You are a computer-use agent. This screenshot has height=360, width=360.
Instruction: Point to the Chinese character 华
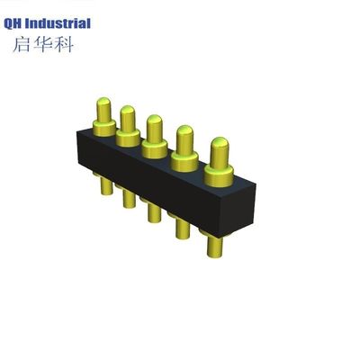(x=49, y=45)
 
